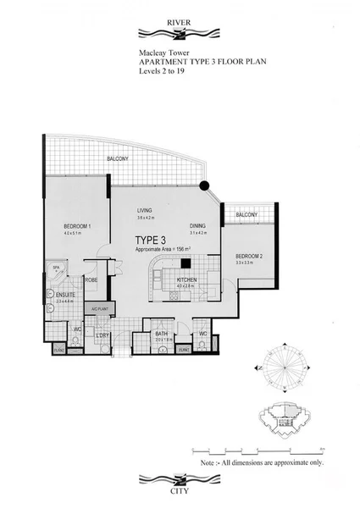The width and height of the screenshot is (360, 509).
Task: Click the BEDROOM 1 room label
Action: pos(77,226)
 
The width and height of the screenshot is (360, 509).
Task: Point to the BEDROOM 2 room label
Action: pos(249,256)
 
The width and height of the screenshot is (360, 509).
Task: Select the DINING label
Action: pos(197,225)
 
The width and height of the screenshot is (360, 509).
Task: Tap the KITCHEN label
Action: pos(187,279)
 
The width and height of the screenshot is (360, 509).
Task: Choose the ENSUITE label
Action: pos(65,295)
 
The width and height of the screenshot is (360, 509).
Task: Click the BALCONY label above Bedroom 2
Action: pos(246,215)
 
